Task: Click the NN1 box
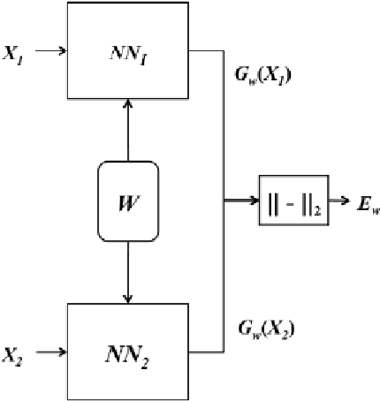(x=129, y=49)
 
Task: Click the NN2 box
(x=129, y=352)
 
